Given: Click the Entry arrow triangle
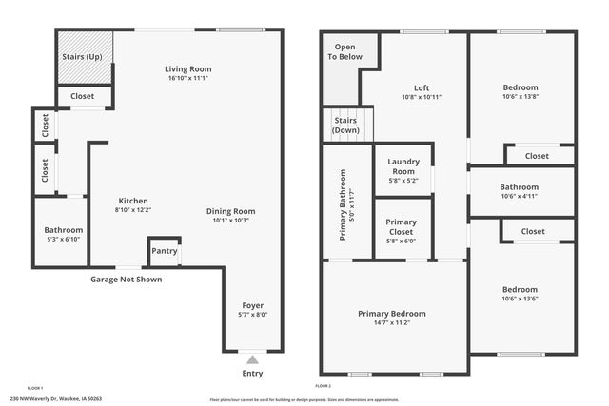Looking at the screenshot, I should [252, 359].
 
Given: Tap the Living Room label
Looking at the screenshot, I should [188, 68].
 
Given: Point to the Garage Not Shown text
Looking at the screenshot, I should [126, 280].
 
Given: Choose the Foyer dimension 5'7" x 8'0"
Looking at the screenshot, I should [253, 315].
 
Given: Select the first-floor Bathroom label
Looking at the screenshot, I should [64, 230].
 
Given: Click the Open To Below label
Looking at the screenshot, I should [345, 51].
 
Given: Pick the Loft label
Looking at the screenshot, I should [422, 87].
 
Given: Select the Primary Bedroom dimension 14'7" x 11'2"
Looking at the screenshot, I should [391, 322].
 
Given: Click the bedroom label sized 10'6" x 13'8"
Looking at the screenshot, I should [521, 87].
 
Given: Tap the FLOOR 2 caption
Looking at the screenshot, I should [323, 386].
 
